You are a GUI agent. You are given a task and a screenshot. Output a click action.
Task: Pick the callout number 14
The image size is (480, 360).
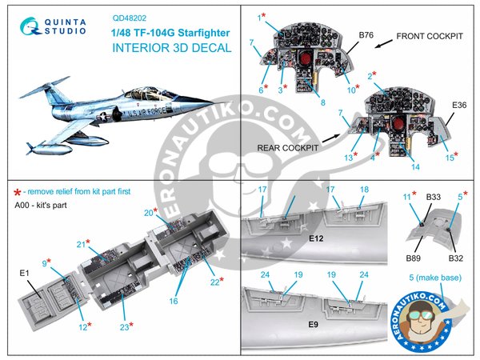(415, 168)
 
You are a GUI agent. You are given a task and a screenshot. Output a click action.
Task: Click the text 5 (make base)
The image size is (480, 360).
(429, 280)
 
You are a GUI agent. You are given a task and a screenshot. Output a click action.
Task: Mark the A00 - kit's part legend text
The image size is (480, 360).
(43, 205)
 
